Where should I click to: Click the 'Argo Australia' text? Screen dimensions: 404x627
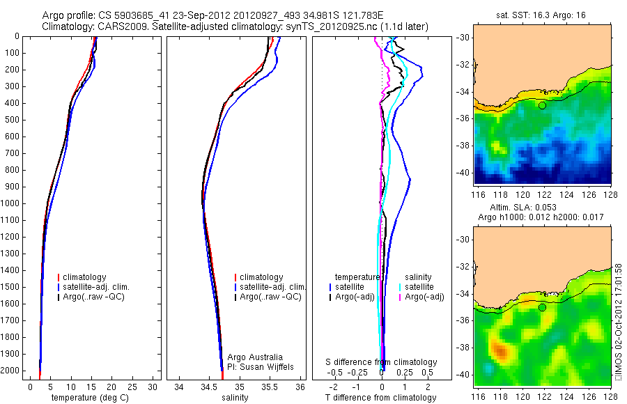256,357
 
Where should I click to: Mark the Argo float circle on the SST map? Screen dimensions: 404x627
542,105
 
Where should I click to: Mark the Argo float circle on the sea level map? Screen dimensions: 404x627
542,307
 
